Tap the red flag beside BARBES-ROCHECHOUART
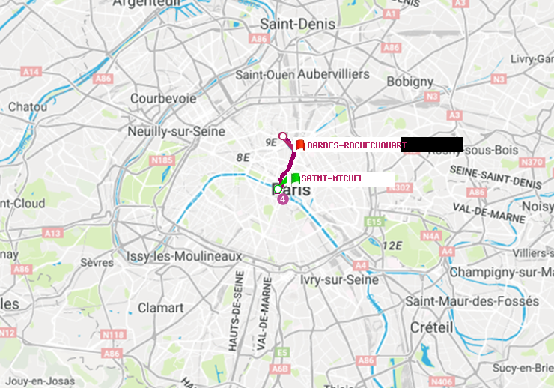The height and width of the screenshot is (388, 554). (x=299, y=145)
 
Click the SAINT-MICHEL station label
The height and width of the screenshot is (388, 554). (x=332, y=178)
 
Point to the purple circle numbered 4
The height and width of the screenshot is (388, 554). (x=282, y=199)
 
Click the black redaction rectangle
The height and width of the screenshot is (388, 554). (x=432, y=145)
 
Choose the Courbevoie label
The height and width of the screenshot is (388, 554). (x=163, y=98)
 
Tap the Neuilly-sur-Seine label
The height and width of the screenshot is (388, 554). (x=176, y=131)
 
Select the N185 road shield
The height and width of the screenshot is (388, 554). (x=162, y=160)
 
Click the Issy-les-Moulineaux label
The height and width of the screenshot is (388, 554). (x=184, y=256)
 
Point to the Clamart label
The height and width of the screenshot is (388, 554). (x=160, y=307)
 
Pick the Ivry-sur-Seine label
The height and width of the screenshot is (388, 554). (x=339, y=279)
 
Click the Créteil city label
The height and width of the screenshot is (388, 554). (x=431, y=327)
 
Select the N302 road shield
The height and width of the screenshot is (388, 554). (x=403, y=187)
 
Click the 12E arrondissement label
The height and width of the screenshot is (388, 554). (x=392, y=245)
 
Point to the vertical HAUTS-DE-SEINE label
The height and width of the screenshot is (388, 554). (x=239, y=312)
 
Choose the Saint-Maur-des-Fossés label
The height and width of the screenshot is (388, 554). (x=472, y=300)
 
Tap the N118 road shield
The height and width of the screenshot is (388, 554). (x=112, y=334)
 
